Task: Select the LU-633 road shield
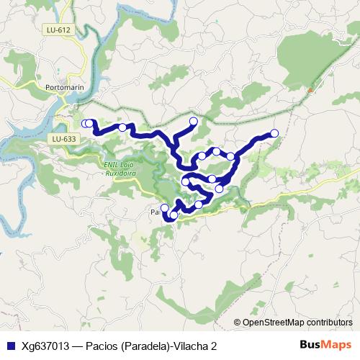point(64,138)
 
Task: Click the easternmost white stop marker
point(274,132)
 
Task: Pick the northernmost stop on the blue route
point(193,121)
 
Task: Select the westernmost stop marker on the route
point(84,123)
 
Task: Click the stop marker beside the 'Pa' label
point(164,208)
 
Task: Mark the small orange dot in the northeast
point(310,90)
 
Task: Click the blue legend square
point(9,346)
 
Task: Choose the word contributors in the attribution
point(331,323)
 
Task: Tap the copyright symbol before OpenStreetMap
point(238,323)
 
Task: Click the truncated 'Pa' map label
point(153,213)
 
